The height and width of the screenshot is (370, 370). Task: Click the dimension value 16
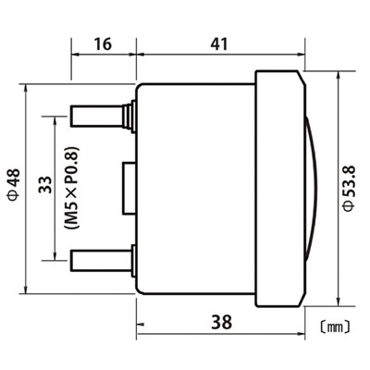(103, 43)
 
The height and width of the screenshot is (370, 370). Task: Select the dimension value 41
(220, 43)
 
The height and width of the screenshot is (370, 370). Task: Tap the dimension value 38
(221, 322)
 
